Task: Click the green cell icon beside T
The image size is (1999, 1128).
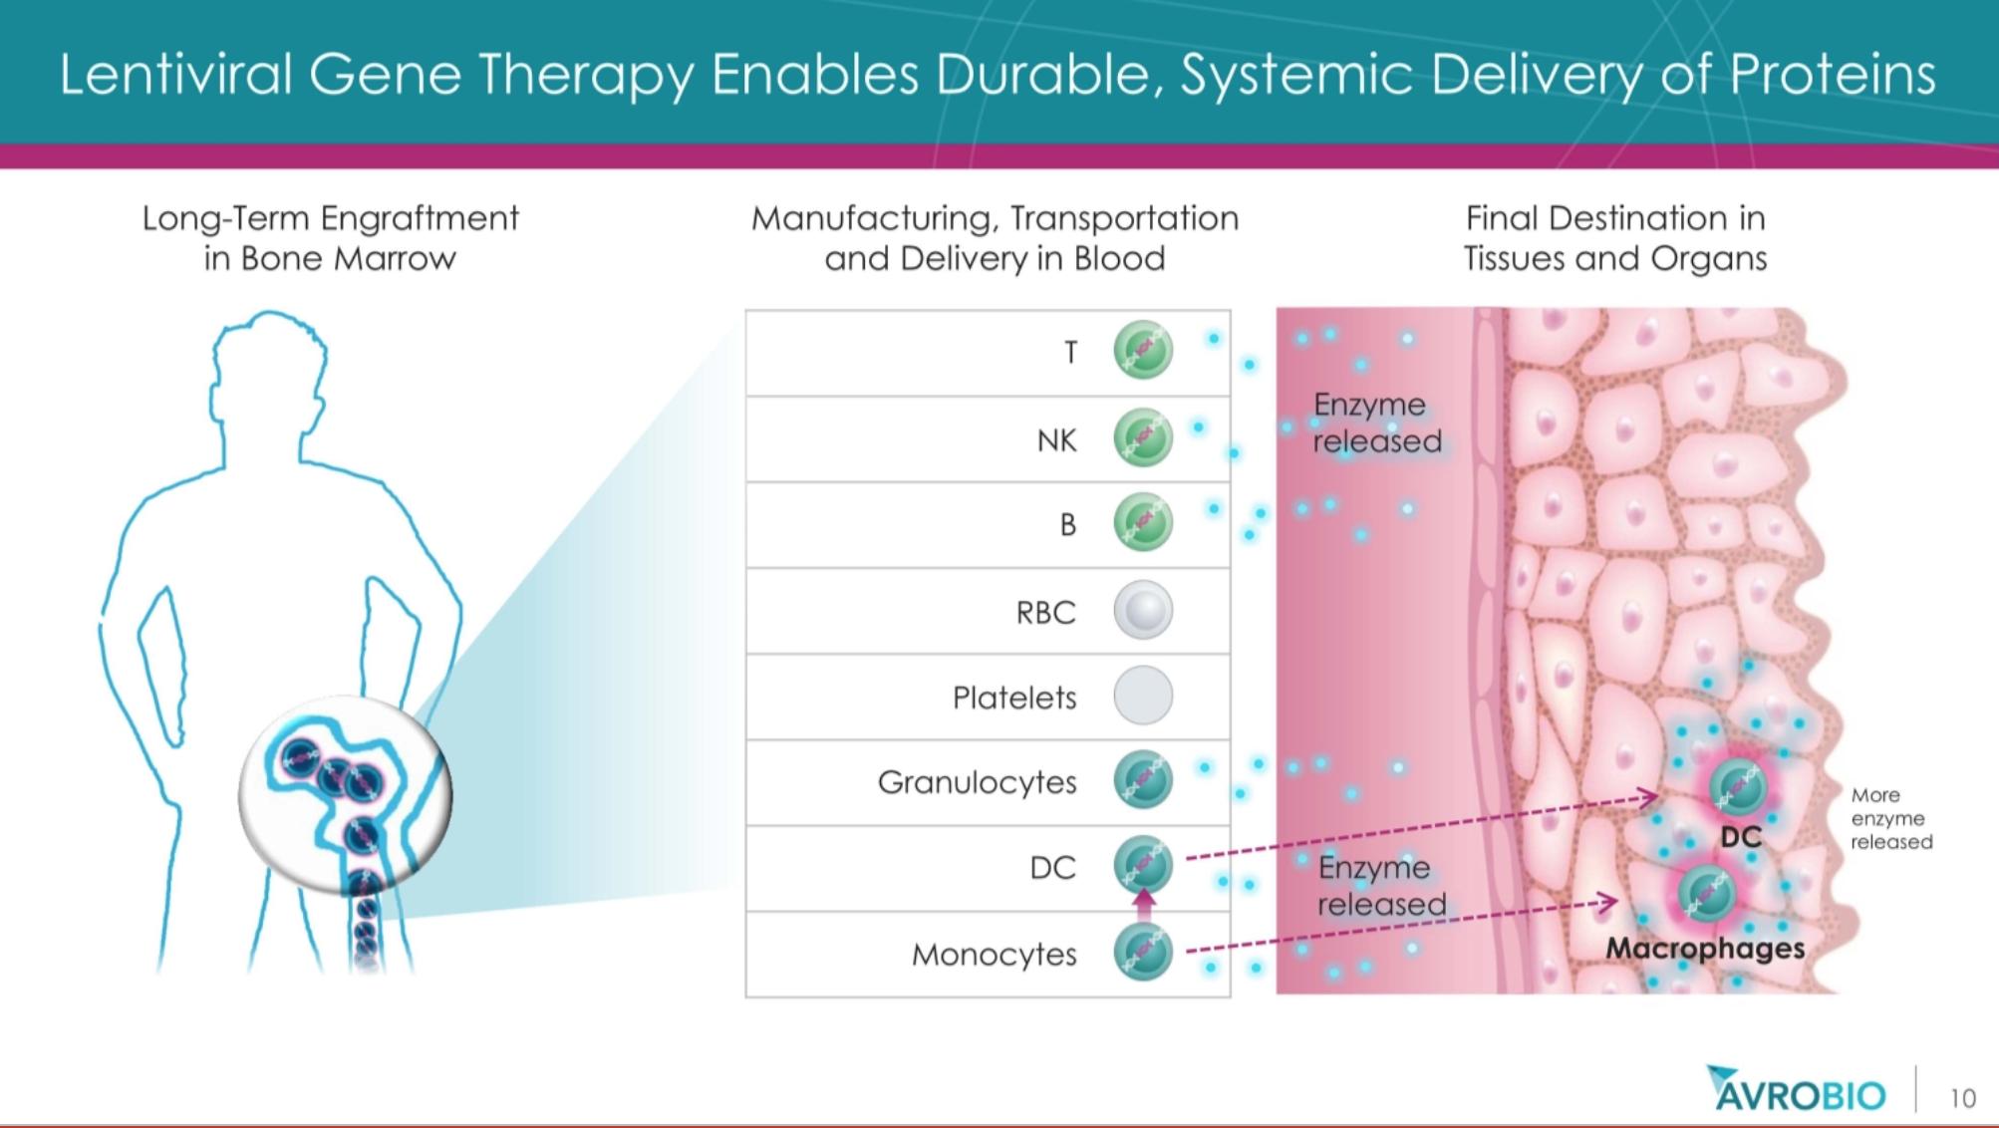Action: [1142, 351]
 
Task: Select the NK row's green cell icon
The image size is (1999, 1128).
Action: [1142, 437]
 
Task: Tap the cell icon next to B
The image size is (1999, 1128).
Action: [1142, 523]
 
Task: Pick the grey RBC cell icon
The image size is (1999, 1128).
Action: [1142, 610]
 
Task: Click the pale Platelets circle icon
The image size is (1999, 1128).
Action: [1142, 696]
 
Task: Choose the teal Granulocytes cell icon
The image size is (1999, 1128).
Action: [1142, 780]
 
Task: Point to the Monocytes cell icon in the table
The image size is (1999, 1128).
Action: [1142, 953]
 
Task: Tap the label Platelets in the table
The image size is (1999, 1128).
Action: [1014, 698]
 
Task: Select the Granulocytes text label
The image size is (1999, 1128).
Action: [977, 782]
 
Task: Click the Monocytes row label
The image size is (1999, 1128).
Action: [994, 955]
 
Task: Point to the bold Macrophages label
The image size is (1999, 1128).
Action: [1704, 948]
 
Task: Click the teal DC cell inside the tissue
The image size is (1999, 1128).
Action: [1739, 787]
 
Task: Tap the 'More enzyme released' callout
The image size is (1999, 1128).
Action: [1890, 818]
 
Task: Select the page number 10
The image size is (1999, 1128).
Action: [1962, 1098]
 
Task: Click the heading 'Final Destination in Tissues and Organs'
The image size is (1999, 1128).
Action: [1614, 238]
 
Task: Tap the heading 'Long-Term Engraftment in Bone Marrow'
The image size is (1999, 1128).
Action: [330, 238]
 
